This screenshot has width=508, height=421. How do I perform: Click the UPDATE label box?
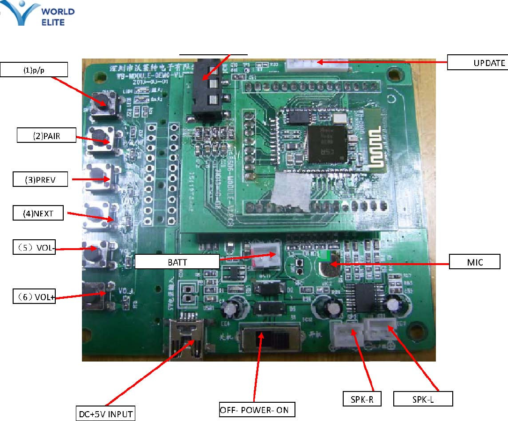[x=477, y=63]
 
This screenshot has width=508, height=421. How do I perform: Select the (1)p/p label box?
[x=34, y=70]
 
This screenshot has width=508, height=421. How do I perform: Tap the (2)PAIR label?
[x=46, y=136]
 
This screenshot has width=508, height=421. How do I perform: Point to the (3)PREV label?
[x=40, y=179]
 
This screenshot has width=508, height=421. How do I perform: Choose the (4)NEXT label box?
[x=39, y=214]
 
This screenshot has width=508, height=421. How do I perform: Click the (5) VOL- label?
[x=34, y=247]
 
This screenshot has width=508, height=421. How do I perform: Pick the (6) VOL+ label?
[x=34, y=296]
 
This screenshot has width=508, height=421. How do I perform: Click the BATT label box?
[x=177, y=261]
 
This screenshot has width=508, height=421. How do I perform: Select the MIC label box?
[x=474, y=261]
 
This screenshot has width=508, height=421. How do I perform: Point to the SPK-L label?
[x=423, y=399]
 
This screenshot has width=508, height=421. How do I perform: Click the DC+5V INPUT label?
[x=106, y=414]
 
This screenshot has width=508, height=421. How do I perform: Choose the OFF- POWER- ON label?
[x=257, y=410]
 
